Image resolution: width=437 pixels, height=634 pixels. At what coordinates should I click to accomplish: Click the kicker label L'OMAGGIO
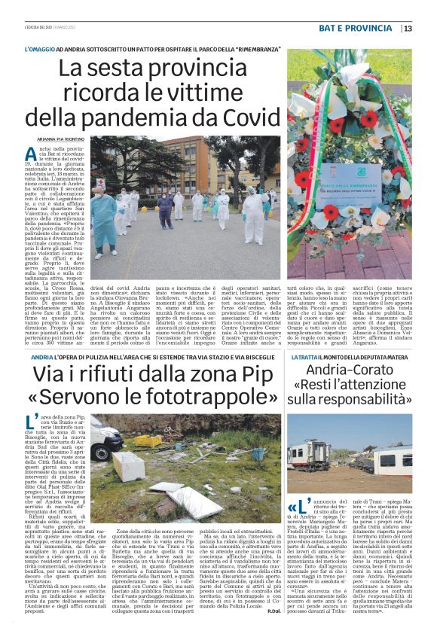pos(41,49)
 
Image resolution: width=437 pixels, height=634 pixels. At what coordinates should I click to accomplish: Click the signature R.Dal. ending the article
pos(272,611)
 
